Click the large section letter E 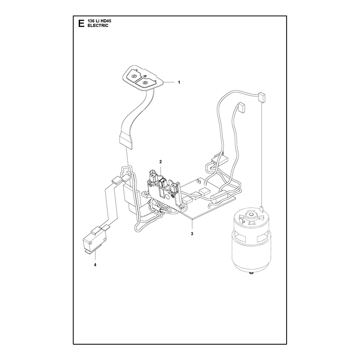point(81,23)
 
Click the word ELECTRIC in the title point(98,26)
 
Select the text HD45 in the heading point(106,21)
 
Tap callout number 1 point(179,82)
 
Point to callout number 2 point(161,162)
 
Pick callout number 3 point(192,234)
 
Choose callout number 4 point(95,265)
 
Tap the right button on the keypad point(145,82)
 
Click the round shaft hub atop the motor point(250,216)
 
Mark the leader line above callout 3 point(192,225)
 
